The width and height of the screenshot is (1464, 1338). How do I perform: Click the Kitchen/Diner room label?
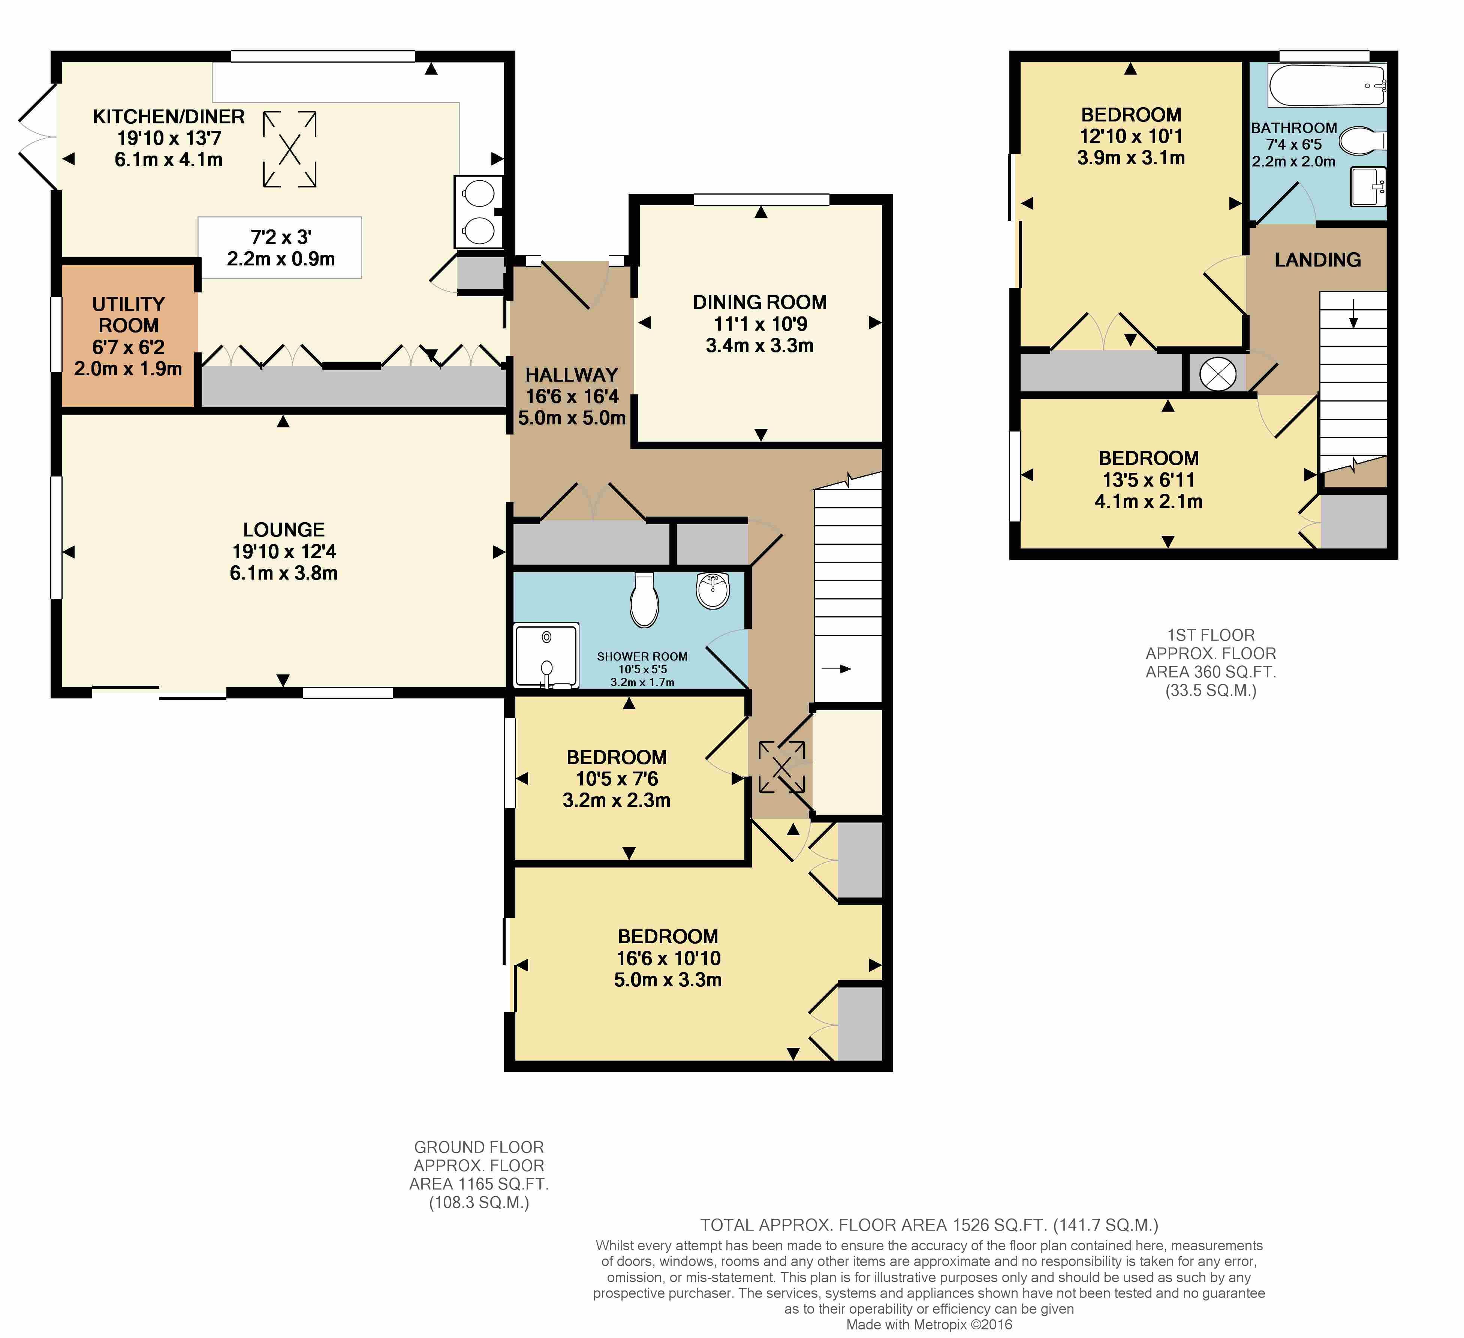tap(169, 116)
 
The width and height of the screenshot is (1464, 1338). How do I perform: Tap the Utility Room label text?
tap(129, 315)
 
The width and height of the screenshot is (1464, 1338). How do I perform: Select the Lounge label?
tap(284, 529)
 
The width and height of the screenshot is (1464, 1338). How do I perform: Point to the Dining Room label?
tap(760, 302)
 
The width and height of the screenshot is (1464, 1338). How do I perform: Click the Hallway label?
tap(572, 375)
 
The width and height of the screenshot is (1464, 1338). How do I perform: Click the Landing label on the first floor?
tap(1318, 259)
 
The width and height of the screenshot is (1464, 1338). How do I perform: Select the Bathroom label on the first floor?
tap(1294, 128)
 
